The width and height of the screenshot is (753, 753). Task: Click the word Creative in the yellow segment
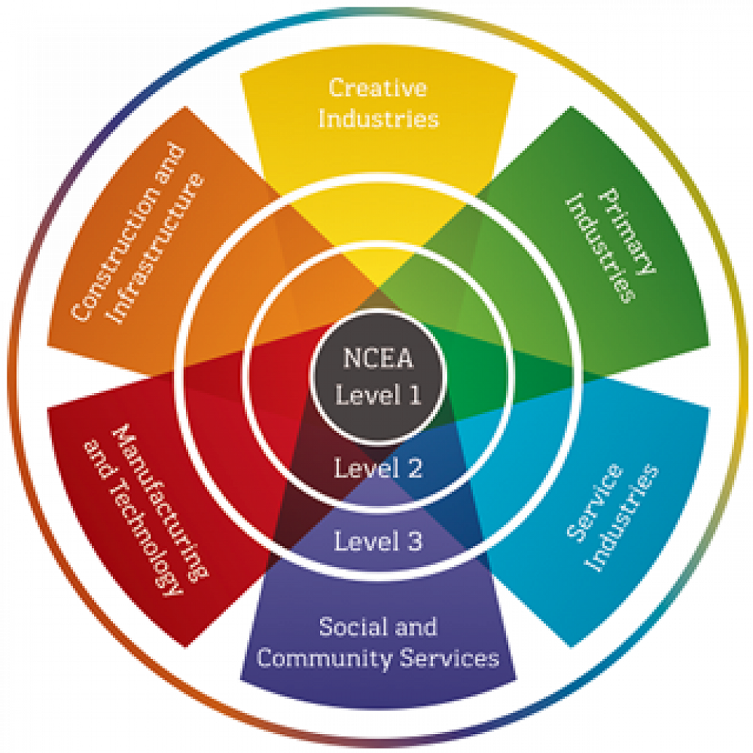(378, 87)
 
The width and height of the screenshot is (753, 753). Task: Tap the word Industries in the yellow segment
(378, 118)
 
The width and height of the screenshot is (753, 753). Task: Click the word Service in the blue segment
(596, 501)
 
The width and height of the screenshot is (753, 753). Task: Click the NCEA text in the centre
(378, 359)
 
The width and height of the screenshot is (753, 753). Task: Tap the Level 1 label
(378, 395)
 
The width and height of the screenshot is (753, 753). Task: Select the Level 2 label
(378, 469)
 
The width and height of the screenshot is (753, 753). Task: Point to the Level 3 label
(378, 541)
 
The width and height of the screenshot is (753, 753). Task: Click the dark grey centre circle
(378, 377)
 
